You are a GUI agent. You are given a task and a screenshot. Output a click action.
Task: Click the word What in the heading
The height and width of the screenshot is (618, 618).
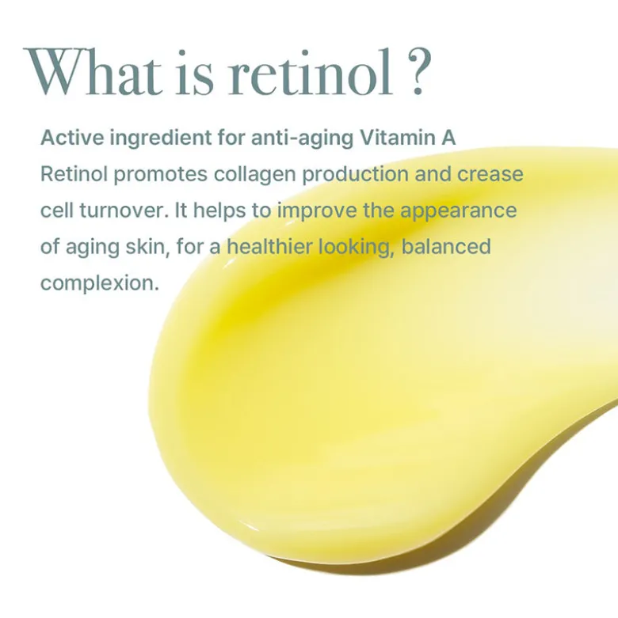[93, 72]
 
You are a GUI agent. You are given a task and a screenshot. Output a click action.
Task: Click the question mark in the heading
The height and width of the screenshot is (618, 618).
[418, 72]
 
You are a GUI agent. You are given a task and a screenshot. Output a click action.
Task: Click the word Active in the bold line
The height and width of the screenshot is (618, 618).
[72, 138]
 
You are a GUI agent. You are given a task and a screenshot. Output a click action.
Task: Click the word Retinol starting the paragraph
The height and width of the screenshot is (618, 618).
[74, 174]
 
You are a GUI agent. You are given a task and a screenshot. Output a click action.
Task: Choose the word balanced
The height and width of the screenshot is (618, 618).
[446, 247]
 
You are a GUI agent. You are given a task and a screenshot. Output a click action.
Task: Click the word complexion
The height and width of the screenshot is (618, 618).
[100, 284]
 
